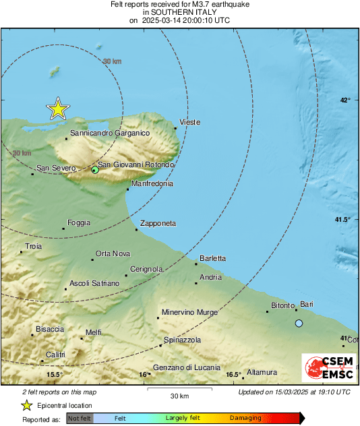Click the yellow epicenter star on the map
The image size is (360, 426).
[59, 108]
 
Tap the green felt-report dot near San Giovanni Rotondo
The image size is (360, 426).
[95, 170]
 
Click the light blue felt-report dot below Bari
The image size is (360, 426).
[299, 324]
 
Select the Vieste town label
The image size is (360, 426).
[189, 122]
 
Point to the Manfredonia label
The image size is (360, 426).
[152, 183]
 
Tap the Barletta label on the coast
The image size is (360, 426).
[213, 258]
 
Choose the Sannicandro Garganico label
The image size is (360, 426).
[110, 133]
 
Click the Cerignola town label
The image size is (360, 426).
[146, 269]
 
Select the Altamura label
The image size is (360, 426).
[262, 372]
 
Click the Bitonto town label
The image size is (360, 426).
[282, 305]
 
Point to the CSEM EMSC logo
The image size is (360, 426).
[328, 369]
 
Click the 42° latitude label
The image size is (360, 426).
[345, 100]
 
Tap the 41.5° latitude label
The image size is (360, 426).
[343, 220]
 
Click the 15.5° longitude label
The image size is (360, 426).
[55, 375]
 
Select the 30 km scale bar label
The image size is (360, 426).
[179, 395]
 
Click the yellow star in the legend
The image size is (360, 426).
[27, 405]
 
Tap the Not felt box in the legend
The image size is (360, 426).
[80, 418]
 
